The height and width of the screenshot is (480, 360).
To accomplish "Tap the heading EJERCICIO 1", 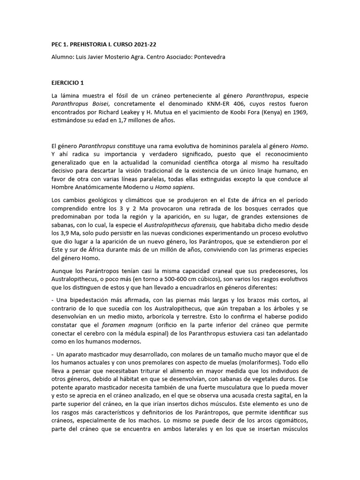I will point(67,83).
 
